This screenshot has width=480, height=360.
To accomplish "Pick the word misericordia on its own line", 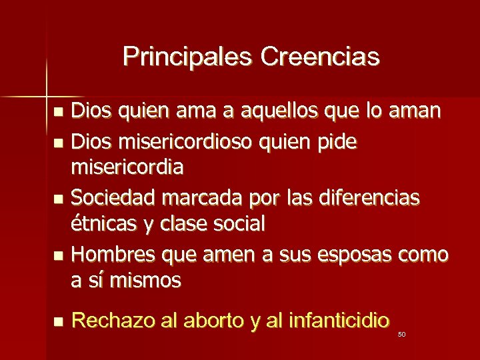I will point(127,167).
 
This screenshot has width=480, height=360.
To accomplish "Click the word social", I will point(238,224).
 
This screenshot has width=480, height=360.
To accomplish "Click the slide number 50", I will point(401,334).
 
